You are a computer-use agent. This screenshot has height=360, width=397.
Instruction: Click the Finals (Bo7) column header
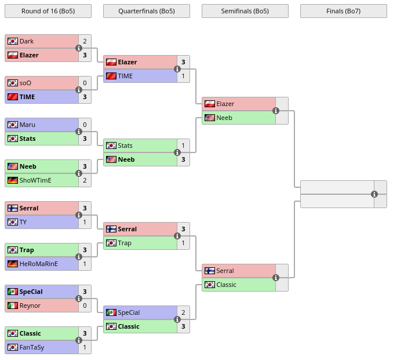343,11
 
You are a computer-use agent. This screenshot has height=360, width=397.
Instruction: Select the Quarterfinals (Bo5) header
147,11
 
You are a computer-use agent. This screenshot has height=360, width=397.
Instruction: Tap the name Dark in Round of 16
27,41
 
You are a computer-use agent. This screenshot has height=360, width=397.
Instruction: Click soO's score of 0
85,83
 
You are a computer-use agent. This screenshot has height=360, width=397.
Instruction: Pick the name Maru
27,125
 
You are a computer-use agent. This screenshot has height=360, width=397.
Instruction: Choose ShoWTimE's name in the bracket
35,180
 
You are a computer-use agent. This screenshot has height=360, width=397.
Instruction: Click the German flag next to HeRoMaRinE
13,264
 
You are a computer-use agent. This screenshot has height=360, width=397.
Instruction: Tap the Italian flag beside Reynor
13,306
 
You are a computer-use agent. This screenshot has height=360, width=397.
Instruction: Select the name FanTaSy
32,347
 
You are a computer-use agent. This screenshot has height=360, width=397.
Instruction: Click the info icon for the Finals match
374,194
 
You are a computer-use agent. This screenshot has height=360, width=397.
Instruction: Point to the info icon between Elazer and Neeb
276,111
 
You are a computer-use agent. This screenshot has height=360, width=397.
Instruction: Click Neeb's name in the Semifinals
224,118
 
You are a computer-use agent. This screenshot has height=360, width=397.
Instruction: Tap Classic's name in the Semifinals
226,285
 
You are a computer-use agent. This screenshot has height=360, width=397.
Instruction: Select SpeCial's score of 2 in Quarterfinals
183,312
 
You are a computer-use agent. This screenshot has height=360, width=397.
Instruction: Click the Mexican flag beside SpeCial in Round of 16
13,292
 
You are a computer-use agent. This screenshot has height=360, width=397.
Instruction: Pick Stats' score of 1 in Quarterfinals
183,146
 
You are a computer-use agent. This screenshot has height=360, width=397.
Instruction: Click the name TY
23,222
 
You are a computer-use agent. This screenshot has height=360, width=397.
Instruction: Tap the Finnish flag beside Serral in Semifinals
210,271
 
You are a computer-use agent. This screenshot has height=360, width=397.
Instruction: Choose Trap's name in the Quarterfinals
125,243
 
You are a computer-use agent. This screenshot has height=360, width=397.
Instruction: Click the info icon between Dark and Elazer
79,48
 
